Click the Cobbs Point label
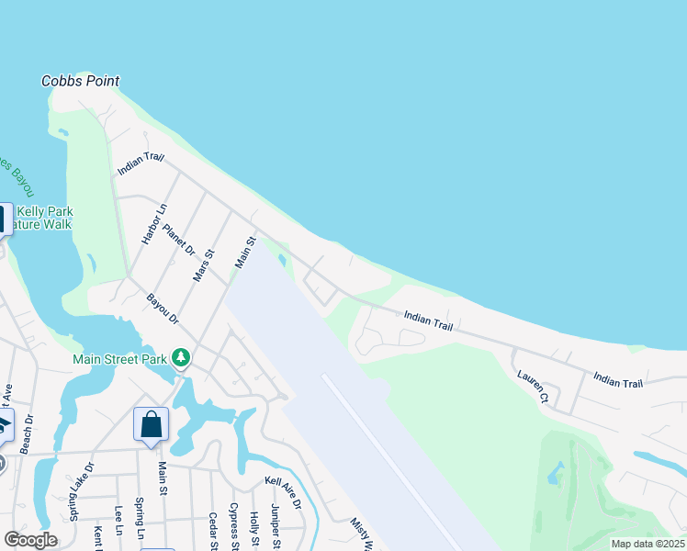81,81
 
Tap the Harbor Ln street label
155,223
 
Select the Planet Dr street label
180,238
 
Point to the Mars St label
203,264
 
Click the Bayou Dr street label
163,309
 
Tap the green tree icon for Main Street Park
182,356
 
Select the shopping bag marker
152,425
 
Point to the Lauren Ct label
532,387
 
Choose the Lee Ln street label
118,521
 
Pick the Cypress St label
234,526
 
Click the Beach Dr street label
28,431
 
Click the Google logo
30,540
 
